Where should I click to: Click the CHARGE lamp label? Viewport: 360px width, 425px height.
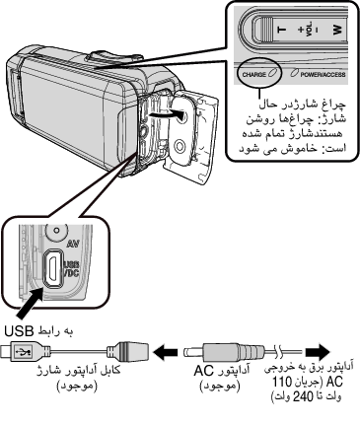click(254, 74)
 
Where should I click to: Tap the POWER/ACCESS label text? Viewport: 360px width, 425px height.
click(323, 74)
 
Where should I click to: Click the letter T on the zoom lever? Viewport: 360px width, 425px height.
click(282, 30)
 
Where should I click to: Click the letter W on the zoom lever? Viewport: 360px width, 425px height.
click(337, 30)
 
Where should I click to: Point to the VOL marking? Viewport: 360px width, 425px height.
click(309, 30)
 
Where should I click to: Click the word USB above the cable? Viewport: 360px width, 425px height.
click(19, 331)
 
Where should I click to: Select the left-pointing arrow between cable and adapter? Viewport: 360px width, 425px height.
click(166, 352)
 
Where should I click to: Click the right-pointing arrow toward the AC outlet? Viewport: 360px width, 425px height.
click(318, 352)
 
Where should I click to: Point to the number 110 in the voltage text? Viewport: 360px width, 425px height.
click(282, 383)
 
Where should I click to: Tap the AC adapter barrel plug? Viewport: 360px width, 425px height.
click(224, 352)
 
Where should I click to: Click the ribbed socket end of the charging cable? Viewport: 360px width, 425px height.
click(127, 352)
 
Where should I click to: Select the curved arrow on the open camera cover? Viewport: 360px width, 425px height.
click(166, 114)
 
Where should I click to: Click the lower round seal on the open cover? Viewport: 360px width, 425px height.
click(180, 145)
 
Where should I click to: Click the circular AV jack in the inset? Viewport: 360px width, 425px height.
click(56, 230)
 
